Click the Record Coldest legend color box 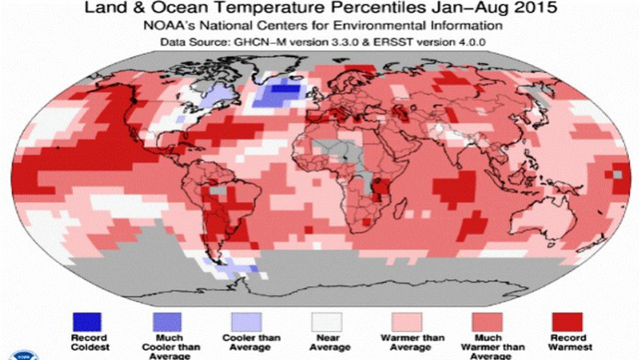click(x=87, y=320)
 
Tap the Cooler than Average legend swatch click(x=247, y=320)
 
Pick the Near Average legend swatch click(x=327, y=320)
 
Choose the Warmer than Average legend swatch click(x=407, y=320)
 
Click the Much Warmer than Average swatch click(x=487, y=320)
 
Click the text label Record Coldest click(x=87, y=343)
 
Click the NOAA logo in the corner click(x=11, y=350)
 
